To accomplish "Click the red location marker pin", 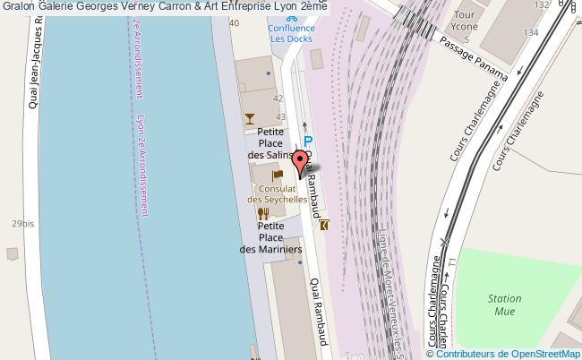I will click(300, 165).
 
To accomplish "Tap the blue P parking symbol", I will click(307, 142).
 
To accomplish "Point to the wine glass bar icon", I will click(250, 117).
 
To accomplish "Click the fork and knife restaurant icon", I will click(262, 214).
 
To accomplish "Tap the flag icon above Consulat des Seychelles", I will click(278, 175).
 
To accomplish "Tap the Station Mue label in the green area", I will click(505, 305).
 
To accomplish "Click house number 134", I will click(531, 33).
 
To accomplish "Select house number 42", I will click(278, 99).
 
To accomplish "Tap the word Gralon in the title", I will click(19, 7).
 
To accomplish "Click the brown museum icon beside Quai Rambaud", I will click(323, 225).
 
